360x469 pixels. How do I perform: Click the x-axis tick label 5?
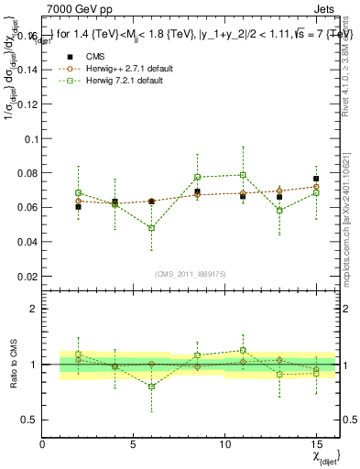tap(134, 444)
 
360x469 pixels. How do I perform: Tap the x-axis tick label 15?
tap(315, 444)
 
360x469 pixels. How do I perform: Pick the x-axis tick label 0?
tap(42, 444)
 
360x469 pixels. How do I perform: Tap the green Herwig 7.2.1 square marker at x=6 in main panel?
tap(151, 228)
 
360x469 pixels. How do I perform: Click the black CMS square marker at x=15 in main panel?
tap(315, 179)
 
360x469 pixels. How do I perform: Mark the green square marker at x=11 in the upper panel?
tap(243, 175)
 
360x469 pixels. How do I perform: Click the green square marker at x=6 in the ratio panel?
tap(151, 387)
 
